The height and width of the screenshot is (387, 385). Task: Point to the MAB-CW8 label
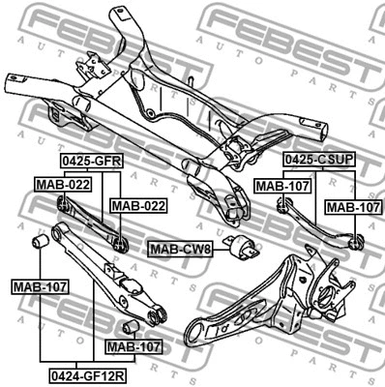pyautogui.click(x=181, y=250)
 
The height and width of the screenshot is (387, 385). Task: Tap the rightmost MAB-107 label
pyautogui.click(x=352, y=206)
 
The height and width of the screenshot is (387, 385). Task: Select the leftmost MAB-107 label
pyautogui.click(x=38, y=286)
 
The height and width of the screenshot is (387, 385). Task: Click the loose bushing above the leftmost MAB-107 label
pyautogui.click(x=43, y=240)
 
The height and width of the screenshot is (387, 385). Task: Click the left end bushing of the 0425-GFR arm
pyautogui.click(x=63, y=202)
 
